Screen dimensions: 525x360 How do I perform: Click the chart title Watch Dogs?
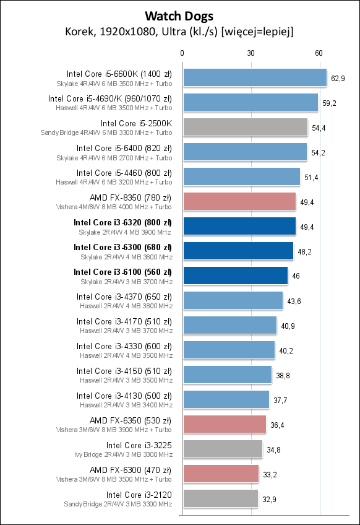click(x=179, y=14)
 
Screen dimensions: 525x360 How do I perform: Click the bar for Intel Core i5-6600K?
click(x=255, y=77)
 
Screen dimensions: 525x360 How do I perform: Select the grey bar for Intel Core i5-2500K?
click(x=245, y=127)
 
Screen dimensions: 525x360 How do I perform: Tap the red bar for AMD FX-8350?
click(x=239, y=201)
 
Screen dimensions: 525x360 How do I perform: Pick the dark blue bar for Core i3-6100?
click(x=236, y=276)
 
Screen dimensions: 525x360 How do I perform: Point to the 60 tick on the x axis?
click(x=319, y=53)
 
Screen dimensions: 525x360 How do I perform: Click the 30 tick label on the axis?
click(x=251, y=53)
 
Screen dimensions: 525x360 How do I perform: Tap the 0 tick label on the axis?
click(x=182, y=53)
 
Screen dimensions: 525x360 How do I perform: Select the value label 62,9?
click(x=338, y=78)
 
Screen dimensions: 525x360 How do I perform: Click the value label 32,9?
click(x=270, y=499)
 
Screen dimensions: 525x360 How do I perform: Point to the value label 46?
click(x=296, y=276)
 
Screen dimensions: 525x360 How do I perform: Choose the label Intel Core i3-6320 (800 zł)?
click(x=122, y=222)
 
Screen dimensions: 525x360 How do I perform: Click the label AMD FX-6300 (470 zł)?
click(x=131, y=470)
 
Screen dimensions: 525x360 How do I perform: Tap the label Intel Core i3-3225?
click(x=139, y=445)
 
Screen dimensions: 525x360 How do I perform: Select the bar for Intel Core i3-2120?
click(x=220, y=498)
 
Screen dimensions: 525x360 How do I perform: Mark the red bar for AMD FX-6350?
click(x=225, y=424)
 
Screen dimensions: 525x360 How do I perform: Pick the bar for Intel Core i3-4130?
click(x=226, y=399)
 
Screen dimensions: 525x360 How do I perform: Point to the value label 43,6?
click(x=295, y=301)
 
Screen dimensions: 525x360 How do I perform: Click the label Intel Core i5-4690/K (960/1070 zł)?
click(x=110, y=98)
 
